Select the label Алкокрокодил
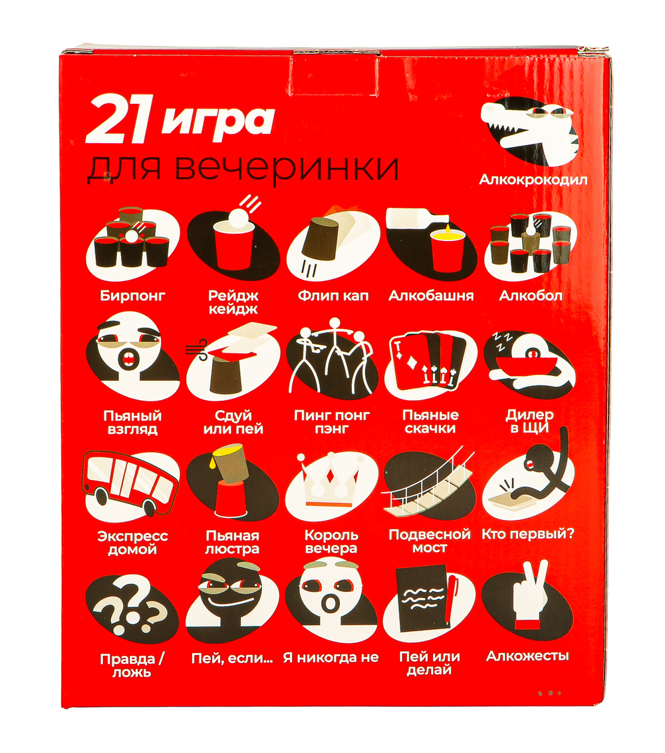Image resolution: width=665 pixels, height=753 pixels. [x=533, y=180]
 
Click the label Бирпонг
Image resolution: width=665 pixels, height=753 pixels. [x=133, y=296]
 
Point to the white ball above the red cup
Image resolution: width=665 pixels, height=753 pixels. [x=238, y=220]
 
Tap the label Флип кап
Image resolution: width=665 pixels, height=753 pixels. [x=333, y=296]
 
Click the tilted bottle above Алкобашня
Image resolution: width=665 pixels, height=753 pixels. [x=418, y=219]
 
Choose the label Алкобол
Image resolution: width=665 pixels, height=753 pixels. [x=530, y=296]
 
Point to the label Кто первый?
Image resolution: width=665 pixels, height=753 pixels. [x=528, y=534]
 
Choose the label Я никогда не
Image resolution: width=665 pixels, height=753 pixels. [x=331, y=657]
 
